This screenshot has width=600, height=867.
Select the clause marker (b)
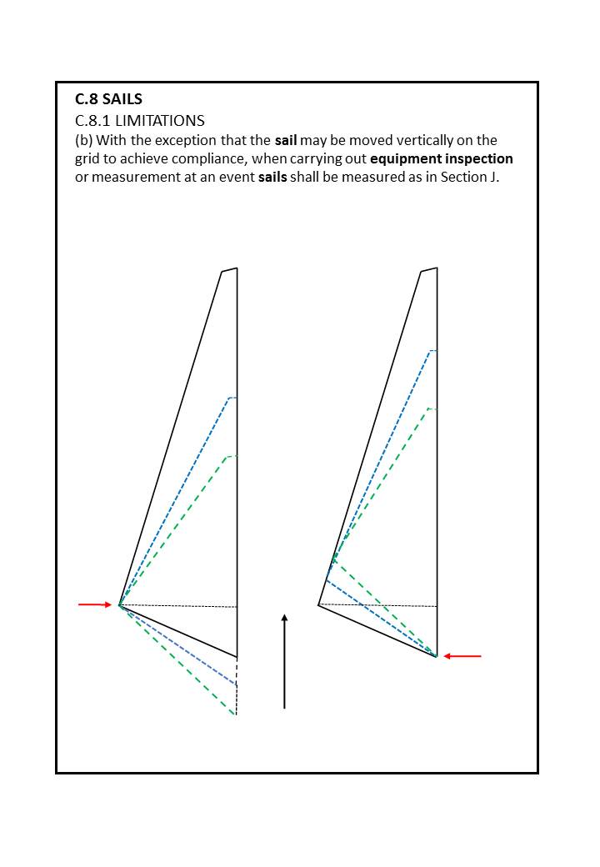click(x=84, y=140)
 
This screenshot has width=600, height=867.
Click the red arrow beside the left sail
click(x=94, y=604)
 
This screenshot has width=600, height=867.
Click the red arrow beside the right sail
click(x=462, y=656)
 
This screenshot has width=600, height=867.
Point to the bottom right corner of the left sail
click(x=237, y=657)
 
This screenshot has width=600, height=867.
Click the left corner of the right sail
click(x=319, y=604)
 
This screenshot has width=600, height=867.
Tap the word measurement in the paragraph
click(x=131, y=177)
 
